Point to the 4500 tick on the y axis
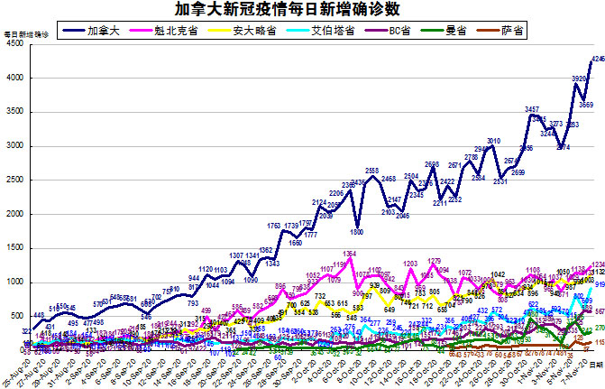click(x=15, y=45)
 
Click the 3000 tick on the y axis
click(x=15, y=146)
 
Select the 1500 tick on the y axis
click(x=15, y=248)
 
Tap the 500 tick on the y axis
click(x=17, y=316)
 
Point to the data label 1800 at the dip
click(x=357, y=232)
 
